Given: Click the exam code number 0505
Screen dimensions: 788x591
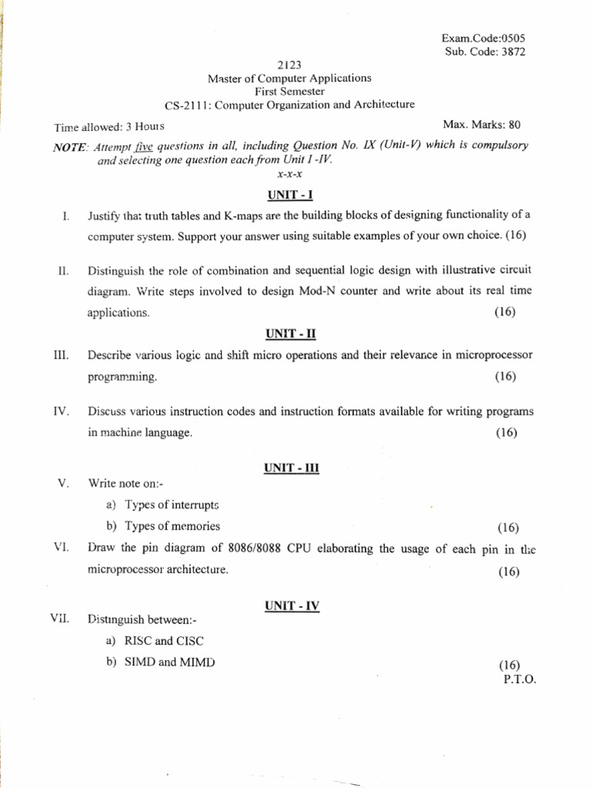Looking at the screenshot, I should tap(511, 37).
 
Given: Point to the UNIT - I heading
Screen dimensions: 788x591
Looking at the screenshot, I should tap(289, 195).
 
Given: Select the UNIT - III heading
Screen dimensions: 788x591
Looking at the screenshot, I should tap(291, 467).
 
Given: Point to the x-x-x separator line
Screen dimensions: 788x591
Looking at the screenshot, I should tap(289, 175).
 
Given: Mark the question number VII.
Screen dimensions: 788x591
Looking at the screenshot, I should tap(62, 618).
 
